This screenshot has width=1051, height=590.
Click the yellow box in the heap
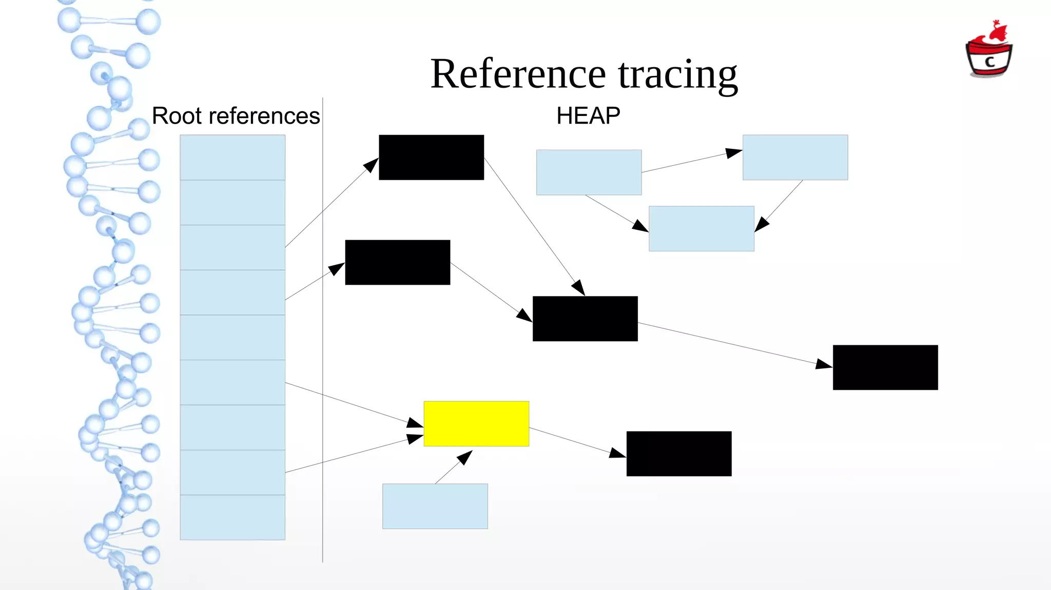click(476, 423)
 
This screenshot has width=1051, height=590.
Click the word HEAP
click(588, 116)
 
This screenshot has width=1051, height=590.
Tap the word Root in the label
click(177, 116)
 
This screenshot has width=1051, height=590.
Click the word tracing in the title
click(677, 74)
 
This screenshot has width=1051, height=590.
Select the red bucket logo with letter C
click(989, 51)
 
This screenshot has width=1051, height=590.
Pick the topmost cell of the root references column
click(232, 157)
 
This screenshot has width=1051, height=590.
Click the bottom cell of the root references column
click(232, 517)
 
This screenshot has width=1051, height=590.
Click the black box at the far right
click(885, 367)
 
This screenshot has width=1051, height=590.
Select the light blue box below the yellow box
click(435, 506)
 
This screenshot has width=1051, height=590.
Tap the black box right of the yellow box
click(679, 454)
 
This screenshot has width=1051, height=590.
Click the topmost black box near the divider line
click(431, 157)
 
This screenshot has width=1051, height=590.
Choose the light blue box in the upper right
click(795, 157)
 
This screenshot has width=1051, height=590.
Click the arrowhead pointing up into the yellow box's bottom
click(465, 456)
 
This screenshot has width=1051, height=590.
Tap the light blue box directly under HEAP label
click(589, 172)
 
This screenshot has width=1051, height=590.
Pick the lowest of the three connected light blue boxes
click(701, 228)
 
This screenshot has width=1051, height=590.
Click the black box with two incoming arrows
click(585, 318)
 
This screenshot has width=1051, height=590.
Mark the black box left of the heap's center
click(398, 262)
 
